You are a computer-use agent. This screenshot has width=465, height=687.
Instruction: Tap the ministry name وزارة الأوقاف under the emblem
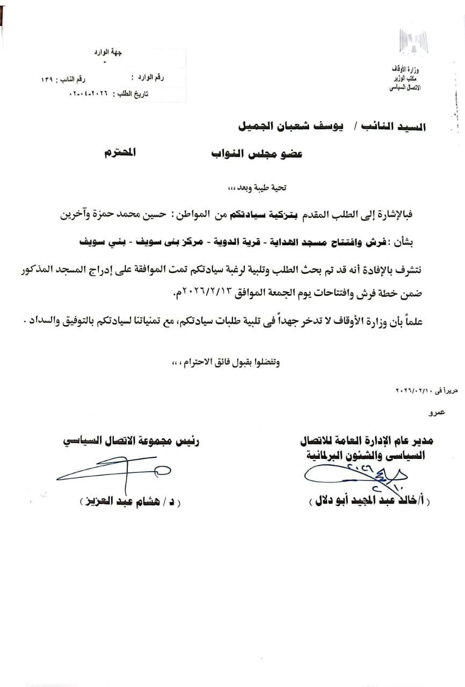(412, 70)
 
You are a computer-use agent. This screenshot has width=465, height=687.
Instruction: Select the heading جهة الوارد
(112, 52)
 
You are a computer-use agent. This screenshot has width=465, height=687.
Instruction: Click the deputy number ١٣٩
(46, 79)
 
